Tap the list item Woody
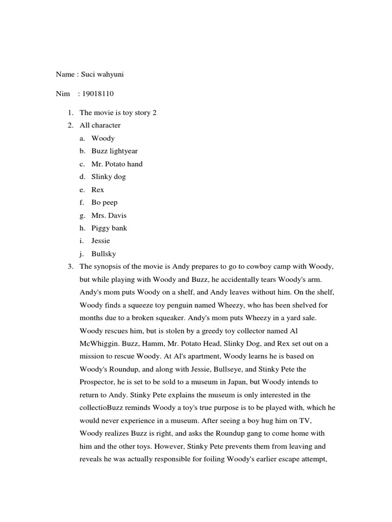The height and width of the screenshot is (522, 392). (x=103, y=139)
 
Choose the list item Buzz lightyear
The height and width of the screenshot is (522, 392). (x=114, y=151)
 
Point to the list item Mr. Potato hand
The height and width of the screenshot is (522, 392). (x=117, y=164)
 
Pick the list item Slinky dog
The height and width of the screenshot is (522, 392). (x=108, y=177)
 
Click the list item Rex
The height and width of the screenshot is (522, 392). (x=97, y=190)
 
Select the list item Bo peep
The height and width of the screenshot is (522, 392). (x=104, y=202)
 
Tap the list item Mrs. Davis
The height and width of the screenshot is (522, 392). (x=109, y=215)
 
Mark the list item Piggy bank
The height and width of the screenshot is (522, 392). (x=109, y=228)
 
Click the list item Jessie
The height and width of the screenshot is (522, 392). (x=101, y=241)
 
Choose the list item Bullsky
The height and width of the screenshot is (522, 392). (x=104, y=253)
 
